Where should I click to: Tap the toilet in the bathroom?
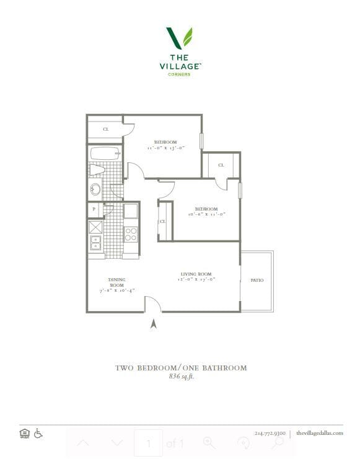point(97,170)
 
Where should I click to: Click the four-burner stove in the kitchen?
point(131,234)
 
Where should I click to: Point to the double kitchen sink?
point(95,242)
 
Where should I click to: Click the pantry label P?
point(94,209)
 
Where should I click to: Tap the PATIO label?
point(257,281)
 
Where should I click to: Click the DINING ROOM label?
point(116,282)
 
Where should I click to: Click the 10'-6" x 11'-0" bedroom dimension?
point(206,214)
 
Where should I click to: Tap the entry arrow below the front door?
point(153,323)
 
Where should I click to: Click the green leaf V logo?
point(179,38)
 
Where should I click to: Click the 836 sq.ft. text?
point(181,376)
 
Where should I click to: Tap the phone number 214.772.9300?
point(270,433)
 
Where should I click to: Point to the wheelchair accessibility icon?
point(38,433)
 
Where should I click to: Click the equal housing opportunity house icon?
point(25,433)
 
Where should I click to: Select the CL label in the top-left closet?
point(105,129)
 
